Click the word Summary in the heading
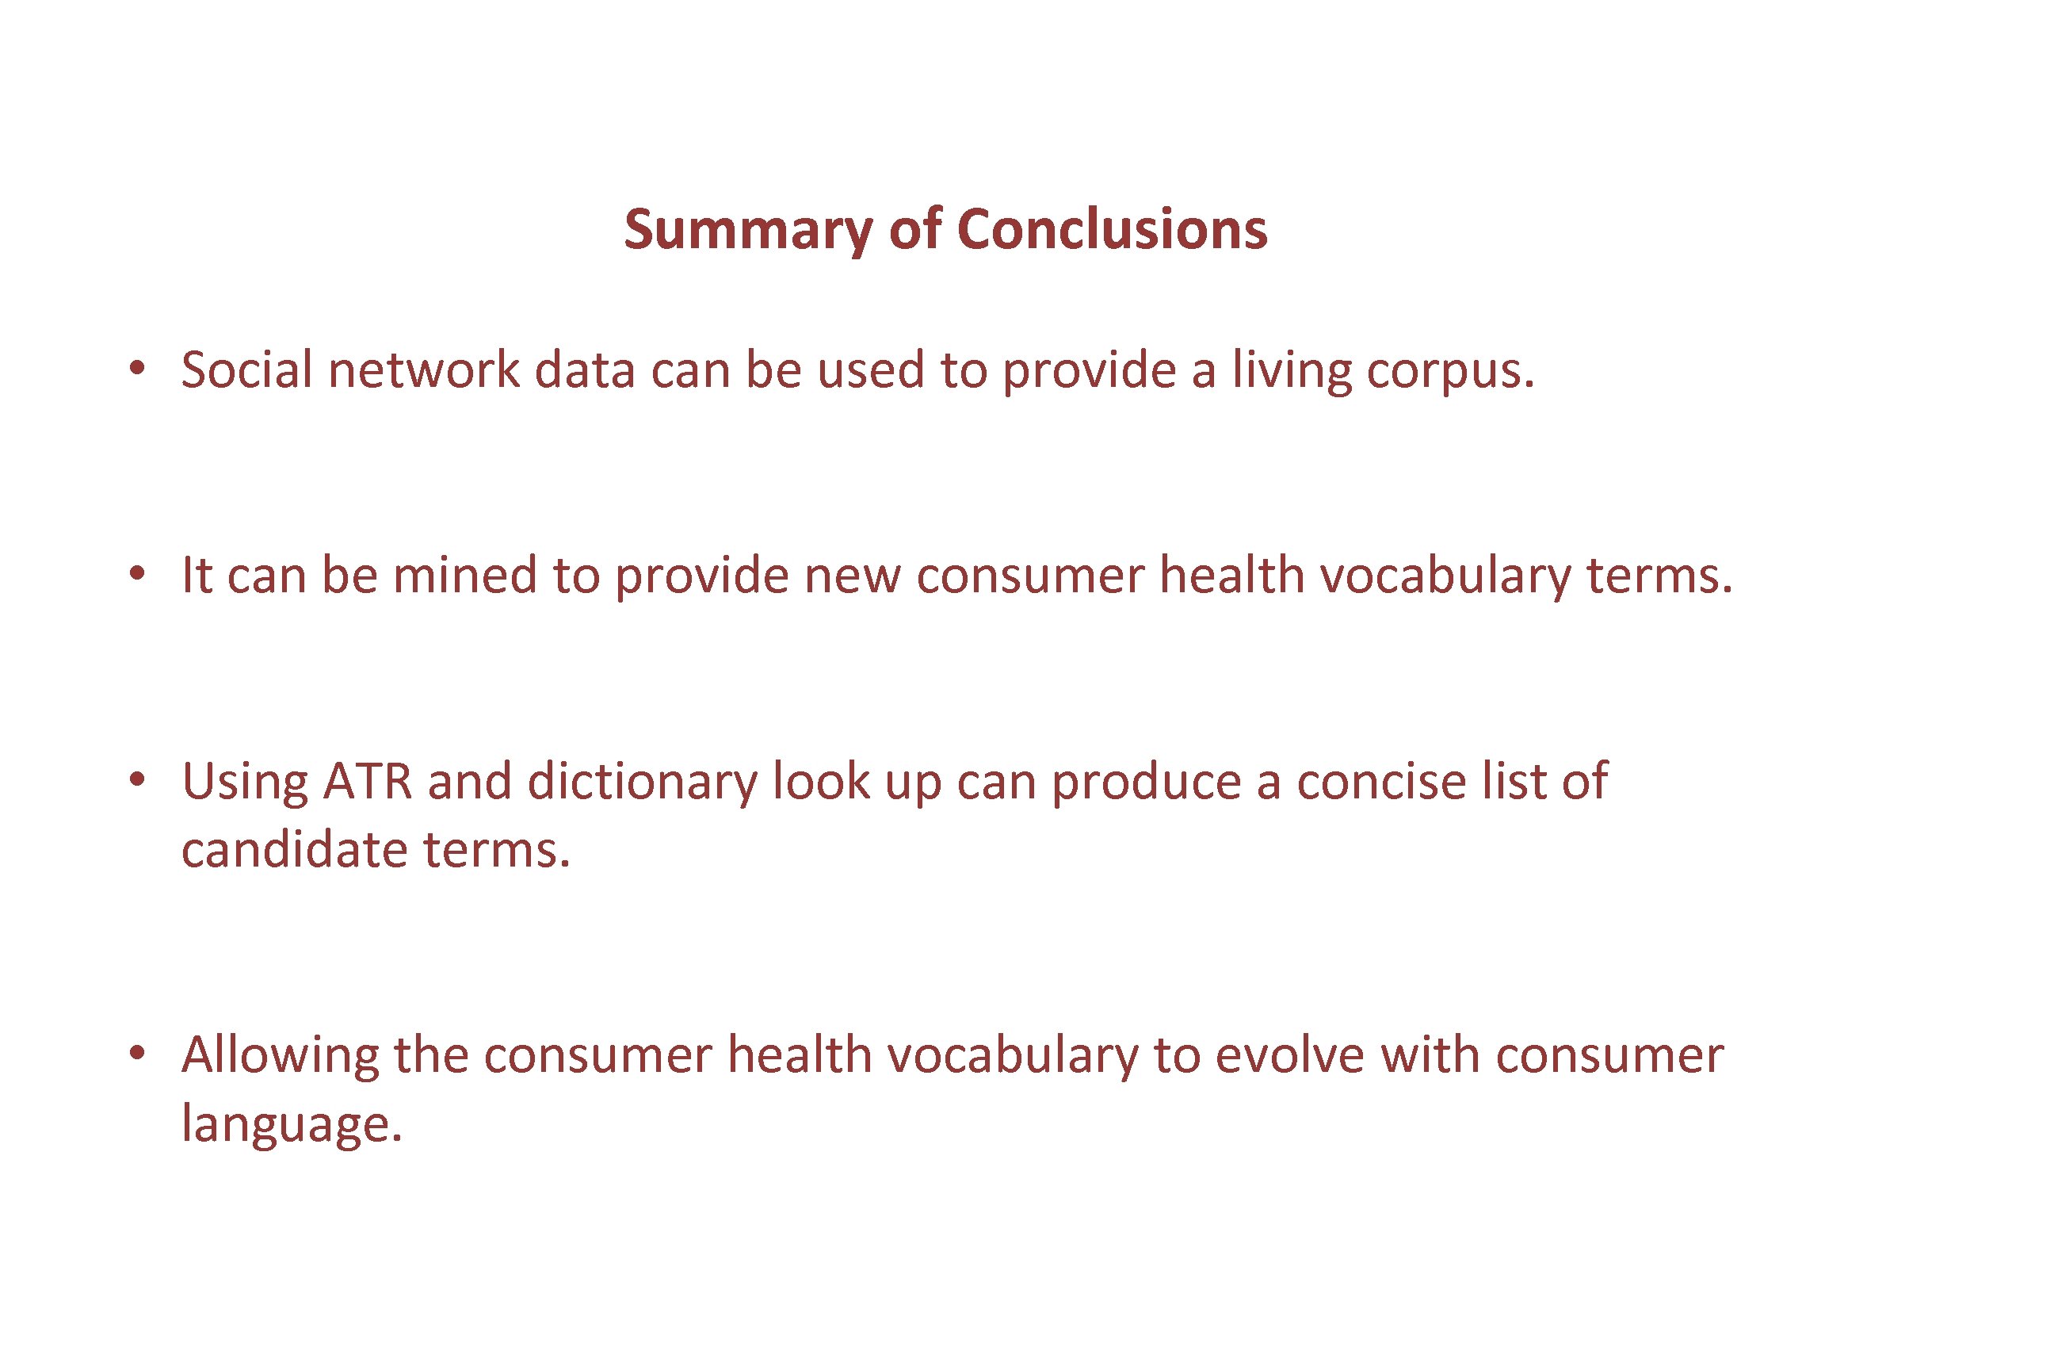click(747, 231)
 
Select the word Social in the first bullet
click(246, 369)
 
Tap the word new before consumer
click(851, 576)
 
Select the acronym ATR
click(367, 780)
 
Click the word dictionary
click(643, 782)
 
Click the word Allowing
click(280, 1055)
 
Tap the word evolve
click(1289, 1054)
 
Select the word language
click(291, 1125)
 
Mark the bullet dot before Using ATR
click(136, 779)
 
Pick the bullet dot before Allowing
click(136, 1054)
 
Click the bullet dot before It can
click(136, 574)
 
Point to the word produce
click(1146, 782)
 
